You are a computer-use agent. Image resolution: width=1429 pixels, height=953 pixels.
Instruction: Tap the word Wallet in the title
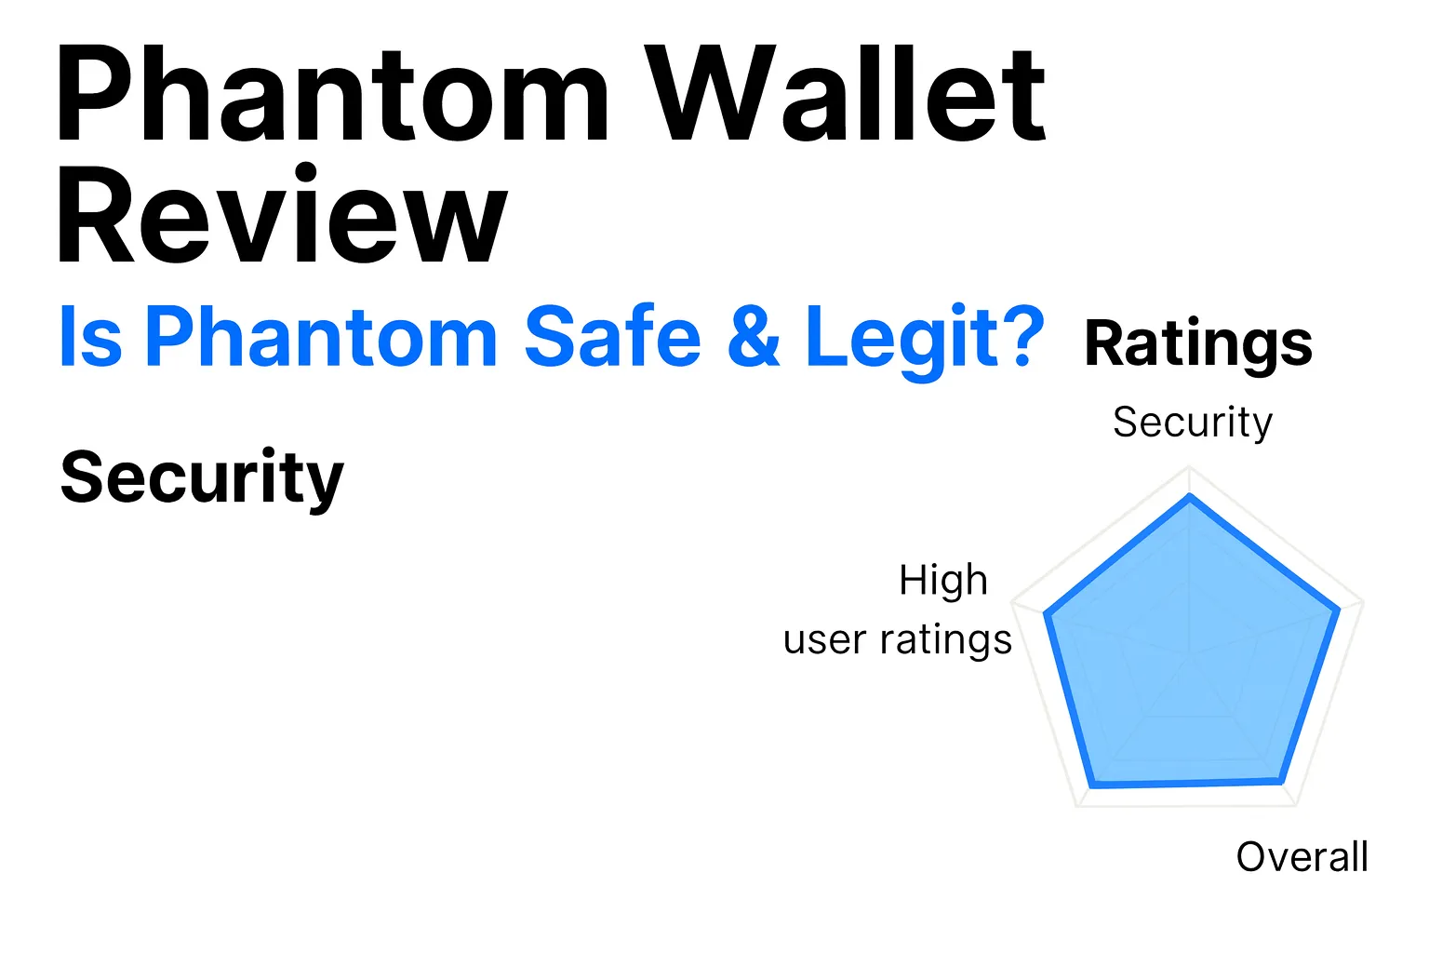(x=847, y=96)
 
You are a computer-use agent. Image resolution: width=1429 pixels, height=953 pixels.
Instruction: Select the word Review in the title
(x=282, y=216)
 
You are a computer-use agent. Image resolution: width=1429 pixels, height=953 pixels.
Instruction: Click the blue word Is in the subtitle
(x=90, y=337)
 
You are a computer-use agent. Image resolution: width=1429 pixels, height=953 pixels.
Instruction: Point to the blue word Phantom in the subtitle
(x=322, y=337)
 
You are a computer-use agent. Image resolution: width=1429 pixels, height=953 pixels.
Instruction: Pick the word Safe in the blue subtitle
(x=612, y=337)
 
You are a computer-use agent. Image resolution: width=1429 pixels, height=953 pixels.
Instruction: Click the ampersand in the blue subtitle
(x=754, y=337)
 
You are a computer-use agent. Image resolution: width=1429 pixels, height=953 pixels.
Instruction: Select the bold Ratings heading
(x=1198, y=344)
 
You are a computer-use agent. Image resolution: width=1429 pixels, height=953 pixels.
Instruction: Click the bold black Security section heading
(x=202, y=478)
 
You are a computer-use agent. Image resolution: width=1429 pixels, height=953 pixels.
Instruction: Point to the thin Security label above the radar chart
(x=1193, y=423)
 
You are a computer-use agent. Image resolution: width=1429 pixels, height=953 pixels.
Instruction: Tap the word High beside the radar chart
(x=942, y=581)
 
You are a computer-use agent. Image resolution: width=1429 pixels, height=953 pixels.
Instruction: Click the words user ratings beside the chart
(x=898, y=640)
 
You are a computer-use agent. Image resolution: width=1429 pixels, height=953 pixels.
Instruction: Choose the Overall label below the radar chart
(x=1302, y=857)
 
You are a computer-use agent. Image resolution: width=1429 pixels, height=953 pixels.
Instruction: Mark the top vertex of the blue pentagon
(x=1190, y=497)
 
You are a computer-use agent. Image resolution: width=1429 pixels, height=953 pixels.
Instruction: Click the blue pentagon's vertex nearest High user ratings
(x=1047, y=615)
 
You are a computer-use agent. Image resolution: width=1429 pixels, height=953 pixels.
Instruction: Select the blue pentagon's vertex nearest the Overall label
(x=1281, y=780)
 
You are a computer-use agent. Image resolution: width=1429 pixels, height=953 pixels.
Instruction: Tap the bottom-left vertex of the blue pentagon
(x=1091, y=785)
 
